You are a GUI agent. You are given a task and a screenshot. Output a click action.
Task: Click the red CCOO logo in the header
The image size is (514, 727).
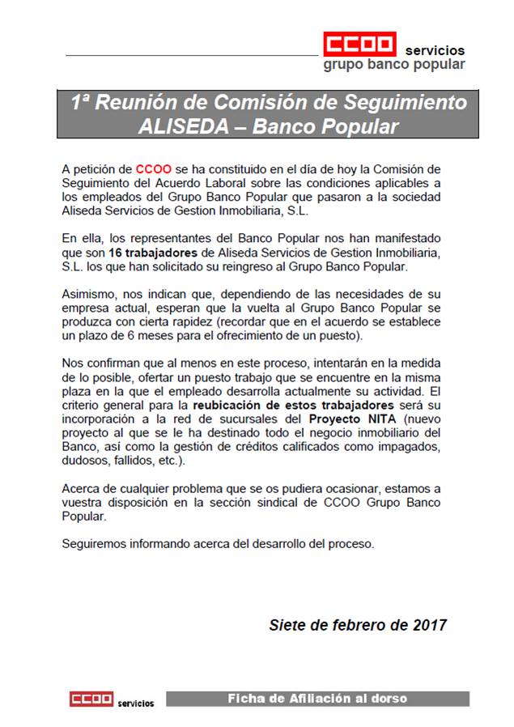coord(359,45)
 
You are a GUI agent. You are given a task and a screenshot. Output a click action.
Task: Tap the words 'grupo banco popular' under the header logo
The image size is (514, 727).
coord(393,65)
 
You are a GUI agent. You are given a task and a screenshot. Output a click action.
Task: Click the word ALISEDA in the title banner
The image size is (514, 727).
coord(179,126)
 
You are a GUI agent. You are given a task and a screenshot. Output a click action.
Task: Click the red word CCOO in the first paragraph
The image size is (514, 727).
coord(152,169)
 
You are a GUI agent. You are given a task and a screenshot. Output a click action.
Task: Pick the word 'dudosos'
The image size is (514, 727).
coord(85,461)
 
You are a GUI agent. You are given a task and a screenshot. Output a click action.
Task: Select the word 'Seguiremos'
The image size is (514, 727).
coord(95,544)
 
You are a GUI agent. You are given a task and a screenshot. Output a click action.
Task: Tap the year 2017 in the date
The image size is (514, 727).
coord(429,626)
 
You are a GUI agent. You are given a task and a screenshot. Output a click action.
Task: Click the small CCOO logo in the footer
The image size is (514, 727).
coord(91,699)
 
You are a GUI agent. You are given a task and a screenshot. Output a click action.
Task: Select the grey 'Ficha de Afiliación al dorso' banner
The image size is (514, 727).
coord(316,698)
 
